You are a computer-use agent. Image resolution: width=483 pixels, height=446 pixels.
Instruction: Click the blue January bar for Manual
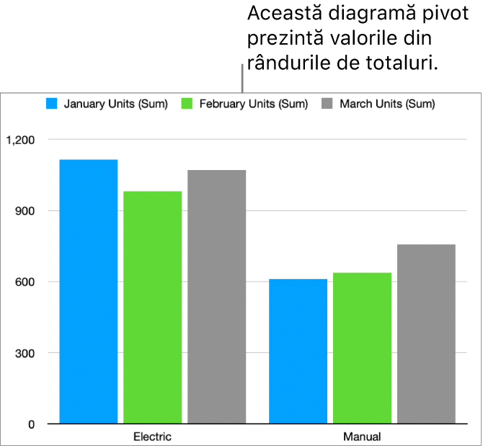pyautogui.click(x=298, y=350)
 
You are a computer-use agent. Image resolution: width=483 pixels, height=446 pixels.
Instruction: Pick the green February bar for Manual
pyautogui.click(x=362, y=347)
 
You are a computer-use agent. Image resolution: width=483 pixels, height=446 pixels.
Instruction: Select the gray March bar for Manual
pyautogui.click(x=426, y=333)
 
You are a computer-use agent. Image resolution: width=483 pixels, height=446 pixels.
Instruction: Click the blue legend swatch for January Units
pyautogui.click(x=52, y=104)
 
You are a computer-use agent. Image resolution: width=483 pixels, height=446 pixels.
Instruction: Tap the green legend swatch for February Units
pyautogui.click(x=187, y=104)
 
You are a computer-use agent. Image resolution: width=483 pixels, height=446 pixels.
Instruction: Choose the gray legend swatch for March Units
pyautogui.click(x=327, y=104)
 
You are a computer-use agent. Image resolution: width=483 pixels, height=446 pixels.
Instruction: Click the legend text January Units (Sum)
pyautogui.click(x=115, y=104)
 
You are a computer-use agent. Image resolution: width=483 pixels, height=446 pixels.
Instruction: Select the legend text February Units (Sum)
pyautogui.click(x=253, y=104)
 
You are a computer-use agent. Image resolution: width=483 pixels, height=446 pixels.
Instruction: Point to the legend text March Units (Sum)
pyautogui.click(x=387, y=104)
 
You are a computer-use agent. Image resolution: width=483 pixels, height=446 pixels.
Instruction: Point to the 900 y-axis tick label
pyautogui.click(x=25, y=210)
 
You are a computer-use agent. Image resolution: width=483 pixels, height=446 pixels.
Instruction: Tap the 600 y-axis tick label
pyautogui.click(x=25, y=282)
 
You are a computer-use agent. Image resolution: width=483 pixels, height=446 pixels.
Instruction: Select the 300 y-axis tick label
pyautogui.click(x=25, y=353)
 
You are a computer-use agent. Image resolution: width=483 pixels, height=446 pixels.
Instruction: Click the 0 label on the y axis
pyautogui.click(x=31, y=424)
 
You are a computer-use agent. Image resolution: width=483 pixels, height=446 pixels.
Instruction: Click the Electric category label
pyautogui.click(x=153, y=437)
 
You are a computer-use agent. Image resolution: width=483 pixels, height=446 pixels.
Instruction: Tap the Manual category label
pyautogui.click(x=362, y=437)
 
